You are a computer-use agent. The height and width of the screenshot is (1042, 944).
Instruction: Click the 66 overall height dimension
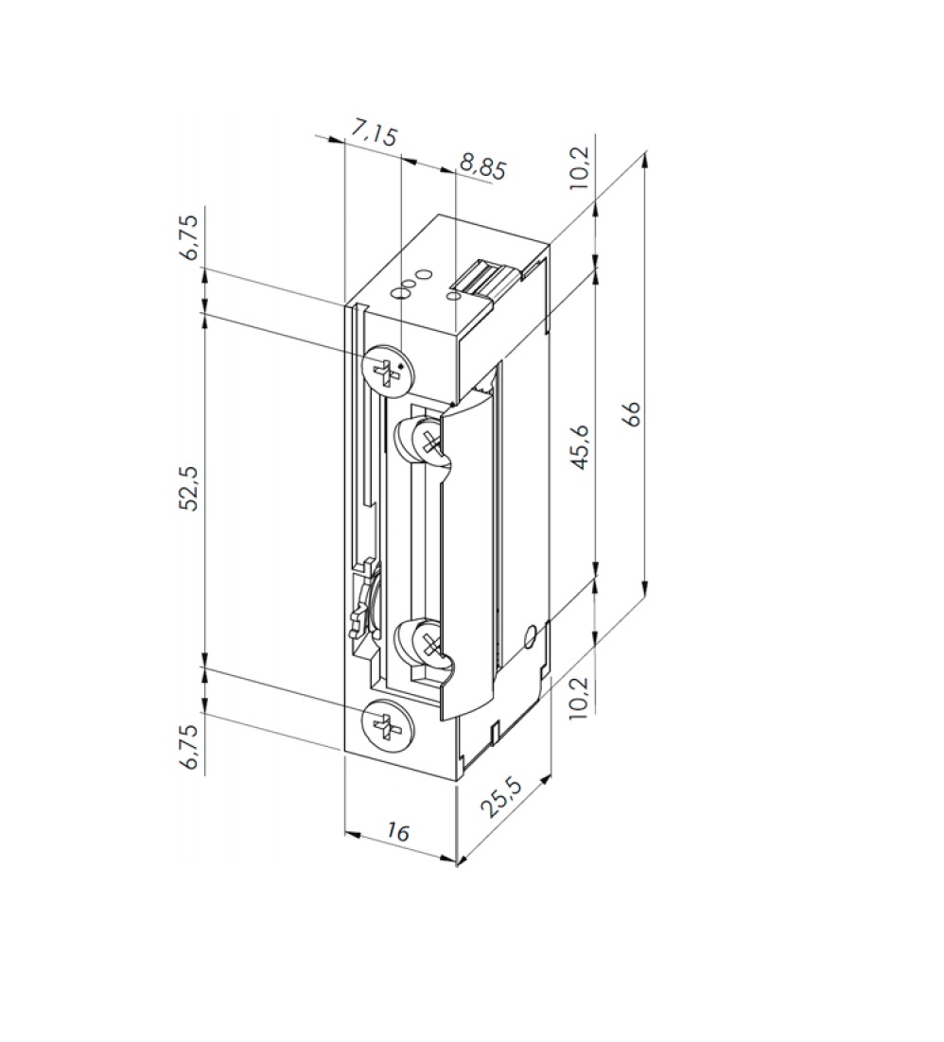coord(634,413)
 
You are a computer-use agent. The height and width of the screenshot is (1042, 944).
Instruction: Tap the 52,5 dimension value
coord(189,488)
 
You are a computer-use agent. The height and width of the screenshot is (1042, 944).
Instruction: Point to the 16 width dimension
coord(397,831)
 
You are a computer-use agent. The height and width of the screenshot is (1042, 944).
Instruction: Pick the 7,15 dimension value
coord(373,133)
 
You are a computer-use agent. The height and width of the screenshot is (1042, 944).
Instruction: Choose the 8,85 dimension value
coord(482,166)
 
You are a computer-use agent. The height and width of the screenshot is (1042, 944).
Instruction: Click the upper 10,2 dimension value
coord(580,167)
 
